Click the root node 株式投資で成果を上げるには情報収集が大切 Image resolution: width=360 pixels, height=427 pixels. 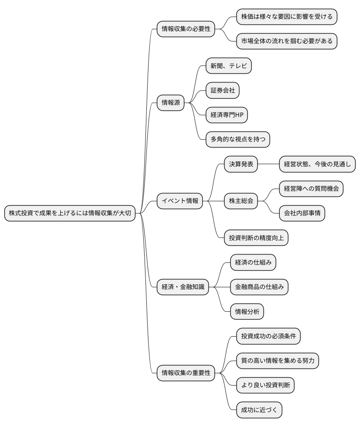[69, 213]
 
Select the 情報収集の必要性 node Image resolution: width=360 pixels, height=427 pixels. [186, 29]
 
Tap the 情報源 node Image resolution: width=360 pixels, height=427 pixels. [171, 103]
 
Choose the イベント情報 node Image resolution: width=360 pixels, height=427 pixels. [180, 201]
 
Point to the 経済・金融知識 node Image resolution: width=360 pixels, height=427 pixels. [183, 287]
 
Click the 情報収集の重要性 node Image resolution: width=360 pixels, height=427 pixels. [186, 373]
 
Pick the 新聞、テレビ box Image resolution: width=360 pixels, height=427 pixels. [228, 66]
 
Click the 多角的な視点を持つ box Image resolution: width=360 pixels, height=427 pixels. [238, 139]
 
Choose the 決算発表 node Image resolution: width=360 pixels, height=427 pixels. [241, 164]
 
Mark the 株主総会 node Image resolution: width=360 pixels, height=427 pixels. [241, 201]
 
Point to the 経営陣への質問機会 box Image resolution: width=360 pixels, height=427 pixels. [311, 189]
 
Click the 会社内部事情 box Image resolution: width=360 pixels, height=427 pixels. [302, 213]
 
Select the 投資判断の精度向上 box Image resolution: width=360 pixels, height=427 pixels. [256, 238]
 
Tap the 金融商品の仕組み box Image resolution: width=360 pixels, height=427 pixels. [259, 287]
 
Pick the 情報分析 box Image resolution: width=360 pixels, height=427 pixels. [247, 311]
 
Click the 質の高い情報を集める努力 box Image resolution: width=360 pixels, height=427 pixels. [277, 361]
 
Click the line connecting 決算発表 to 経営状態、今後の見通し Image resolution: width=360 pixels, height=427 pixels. [269, 164]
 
